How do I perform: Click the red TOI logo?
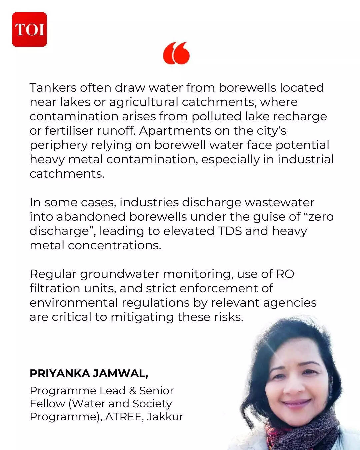point(29,29)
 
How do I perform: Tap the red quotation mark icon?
point(176,53)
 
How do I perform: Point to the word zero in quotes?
point(320,217)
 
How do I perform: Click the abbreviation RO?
point(285,274)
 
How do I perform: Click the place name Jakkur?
point(165,417)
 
